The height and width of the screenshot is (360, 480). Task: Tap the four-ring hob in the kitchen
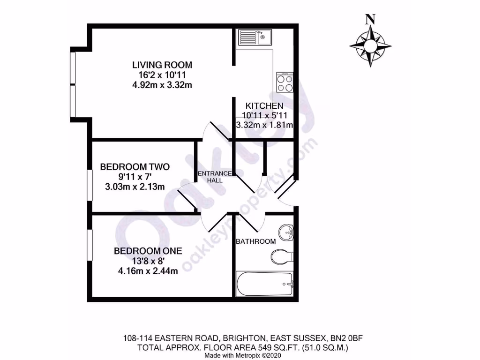(285, 83)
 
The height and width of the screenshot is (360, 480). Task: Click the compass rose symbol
(370, 46)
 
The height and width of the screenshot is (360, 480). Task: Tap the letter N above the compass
(370, 19)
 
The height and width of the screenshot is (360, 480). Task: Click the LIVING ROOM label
(162, 65)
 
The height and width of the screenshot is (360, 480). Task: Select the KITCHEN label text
(265, 106)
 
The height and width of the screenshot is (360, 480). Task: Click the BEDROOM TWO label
(135, 167)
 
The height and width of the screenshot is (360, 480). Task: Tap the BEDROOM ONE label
(148, 251)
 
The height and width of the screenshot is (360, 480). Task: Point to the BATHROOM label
(255, 241)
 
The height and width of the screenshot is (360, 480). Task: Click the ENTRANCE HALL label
(214, 177)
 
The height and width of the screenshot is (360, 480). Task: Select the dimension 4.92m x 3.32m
(162, 85)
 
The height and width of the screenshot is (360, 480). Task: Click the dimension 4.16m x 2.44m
(148, 271)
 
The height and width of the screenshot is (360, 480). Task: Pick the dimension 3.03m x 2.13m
(135, 187)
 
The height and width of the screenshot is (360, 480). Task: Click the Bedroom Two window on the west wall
(89, 186)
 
